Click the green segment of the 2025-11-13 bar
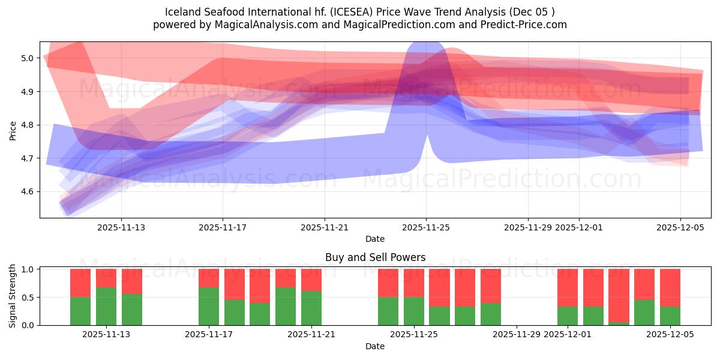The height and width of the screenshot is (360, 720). [x=106, y=306]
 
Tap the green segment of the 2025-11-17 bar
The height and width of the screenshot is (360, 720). [x=209, y=306]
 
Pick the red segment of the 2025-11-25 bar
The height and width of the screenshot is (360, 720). [x=413, y=283]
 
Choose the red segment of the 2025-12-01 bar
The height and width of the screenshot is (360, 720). [x=568, y=287]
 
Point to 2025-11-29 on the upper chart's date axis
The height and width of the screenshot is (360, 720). [x=528, y=227]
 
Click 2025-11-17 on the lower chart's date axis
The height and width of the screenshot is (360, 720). [x=209, y=335]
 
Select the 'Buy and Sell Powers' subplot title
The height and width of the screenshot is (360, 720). [x=375, y=257]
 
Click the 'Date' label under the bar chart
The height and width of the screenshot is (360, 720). [x=375, y=346]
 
